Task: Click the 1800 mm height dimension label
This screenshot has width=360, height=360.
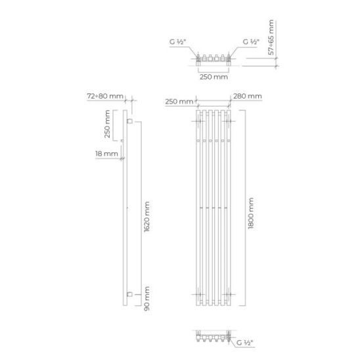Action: (x=251, y=214)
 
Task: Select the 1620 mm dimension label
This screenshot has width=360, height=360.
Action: (x=146, y=217)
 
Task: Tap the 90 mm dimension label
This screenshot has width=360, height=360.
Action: (x=146, y=298)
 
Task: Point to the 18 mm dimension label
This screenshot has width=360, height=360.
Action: (x=106, y=154)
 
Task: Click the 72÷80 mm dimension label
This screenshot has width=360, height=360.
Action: (x=105, y=96)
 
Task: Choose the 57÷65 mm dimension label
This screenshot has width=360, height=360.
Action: (x=271, y=37)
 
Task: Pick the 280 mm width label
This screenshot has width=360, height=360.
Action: (x=248, y=96)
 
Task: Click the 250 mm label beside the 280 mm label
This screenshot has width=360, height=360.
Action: (x=179, y=101)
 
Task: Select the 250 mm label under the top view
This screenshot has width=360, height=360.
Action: (x=214, y=77)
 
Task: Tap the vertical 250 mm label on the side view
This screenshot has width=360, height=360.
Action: (x=107, y=124)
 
